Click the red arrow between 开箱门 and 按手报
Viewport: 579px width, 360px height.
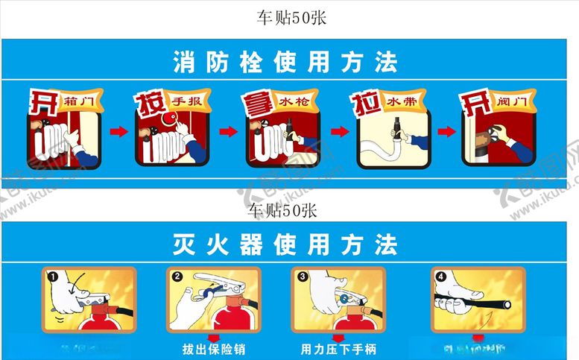coord(118,132)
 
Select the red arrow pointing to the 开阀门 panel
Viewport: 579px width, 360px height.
coord(446,132)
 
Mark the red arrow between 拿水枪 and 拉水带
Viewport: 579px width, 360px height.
coord(339,132)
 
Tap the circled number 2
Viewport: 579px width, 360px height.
coord(177,277)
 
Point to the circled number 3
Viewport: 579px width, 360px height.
coord(303,277)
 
